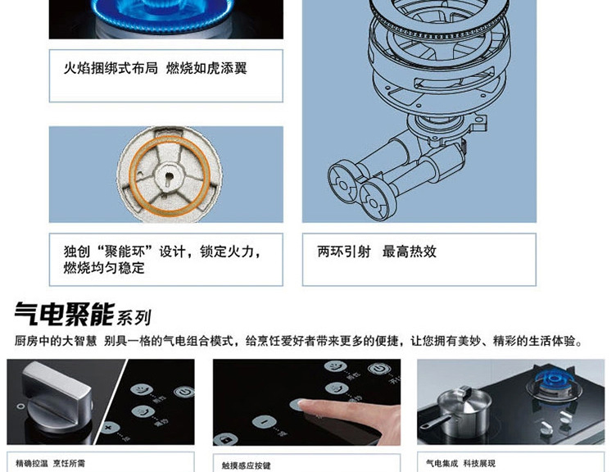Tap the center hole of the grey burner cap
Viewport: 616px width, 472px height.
[x=169, y=176]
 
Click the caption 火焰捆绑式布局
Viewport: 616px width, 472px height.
[x=111, y=68]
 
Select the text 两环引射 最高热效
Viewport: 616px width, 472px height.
[x=377, y=251]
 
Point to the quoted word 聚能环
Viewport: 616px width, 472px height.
[x=125, y=251]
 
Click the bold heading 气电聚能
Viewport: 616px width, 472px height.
[x=65, y=314]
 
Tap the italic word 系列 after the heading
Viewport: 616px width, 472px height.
[x=134, y=318]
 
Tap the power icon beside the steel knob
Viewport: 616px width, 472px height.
[x=183, y=392]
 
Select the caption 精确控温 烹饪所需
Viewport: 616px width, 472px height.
[x=50, y=463]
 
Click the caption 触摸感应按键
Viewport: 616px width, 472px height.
[x=246, y=465]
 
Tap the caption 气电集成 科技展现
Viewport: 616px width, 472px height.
[x=460, y=463]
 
